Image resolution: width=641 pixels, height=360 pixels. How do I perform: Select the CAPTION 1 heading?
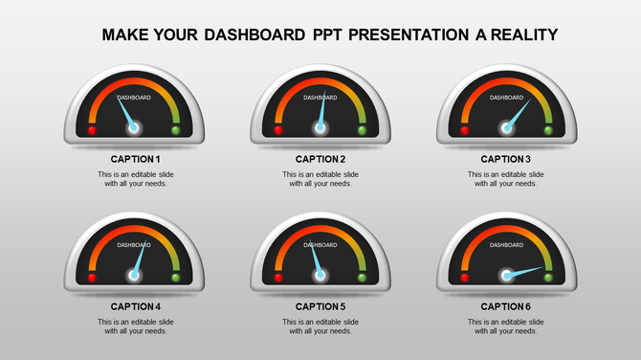(x=135, y=159)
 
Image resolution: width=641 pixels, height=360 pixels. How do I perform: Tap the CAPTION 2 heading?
(x=320, y=159)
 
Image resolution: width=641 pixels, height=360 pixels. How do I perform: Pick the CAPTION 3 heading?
(x=505, y=159)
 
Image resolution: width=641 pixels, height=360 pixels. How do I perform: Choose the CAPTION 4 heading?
(x=135, y=306)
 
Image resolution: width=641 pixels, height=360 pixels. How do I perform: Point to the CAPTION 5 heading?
(x=320, y=306)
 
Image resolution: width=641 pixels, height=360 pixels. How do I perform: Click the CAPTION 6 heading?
(x=505, y=306)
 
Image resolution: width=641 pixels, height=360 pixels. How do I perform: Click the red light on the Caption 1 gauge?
(x=93, y=129)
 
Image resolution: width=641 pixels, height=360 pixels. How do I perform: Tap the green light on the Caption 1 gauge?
(x=176, y=129)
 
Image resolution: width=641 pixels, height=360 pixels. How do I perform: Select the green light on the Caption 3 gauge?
(x=547, y=129)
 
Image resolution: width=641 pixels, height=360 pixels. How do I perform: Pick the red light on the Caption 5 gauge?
(x=278, y=277)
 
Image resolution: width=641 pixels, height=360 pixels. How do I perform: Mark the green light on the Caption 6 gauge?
(x=548, y=277)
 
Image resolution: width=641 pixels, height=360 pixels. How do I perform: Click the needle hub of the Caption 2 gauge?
(x=320, y=127)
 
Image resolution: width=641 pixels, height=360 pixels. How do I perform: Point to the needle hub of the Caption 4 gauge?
(x=135, y=276)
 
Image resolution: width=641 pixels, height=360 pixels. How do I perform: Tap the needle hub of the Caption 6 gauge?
(x=505, y=276)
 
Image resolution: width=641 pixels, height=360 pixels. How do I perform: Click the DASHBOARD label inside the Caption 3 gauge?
(x=506, y=98)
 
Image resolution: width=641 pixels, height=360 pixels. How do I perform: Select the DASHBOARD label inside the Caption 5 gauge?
(x=320, y=245)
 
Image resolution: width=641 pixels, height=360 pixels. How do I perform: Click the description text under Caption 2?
(x=320, y=179)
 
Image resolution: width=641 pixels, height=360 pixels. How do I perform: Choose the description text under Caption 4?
(x=135, y=326)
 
